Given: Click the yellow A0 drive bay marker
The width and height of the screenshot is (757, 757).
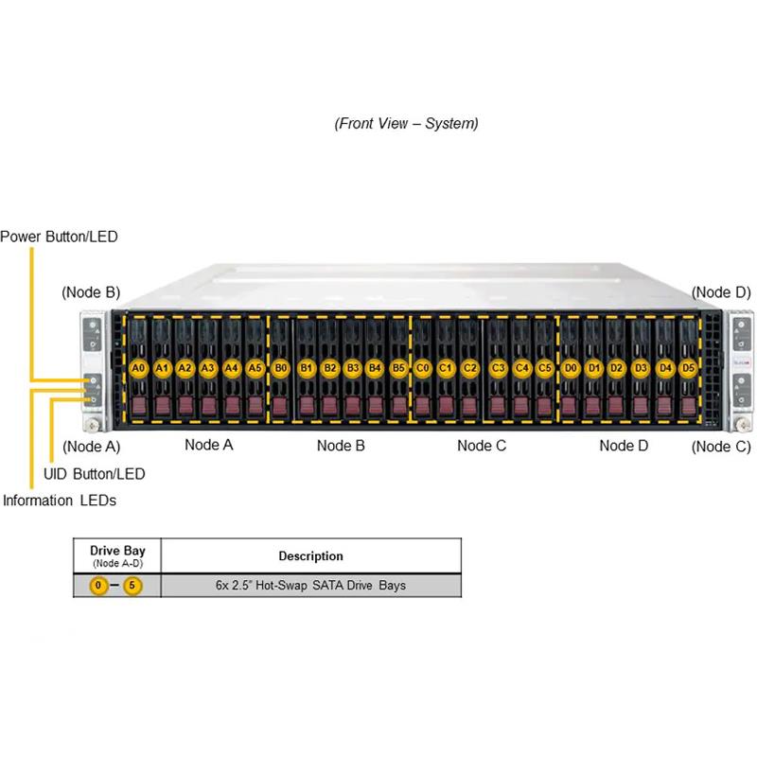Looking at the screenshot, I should pyautogui.click(x=138, y=367).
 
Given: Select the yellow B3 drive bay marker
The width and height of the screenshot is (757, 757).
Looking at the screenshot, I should pyautogui.click(x=353, y=367).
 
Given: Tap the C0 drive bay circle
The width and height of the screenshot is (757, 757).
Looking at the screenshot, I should pyautogui.click(x=423, y=367).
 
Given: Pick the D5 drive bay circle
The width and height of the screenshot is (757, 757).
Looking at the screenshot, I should pyautogui.click(x=688, y=367).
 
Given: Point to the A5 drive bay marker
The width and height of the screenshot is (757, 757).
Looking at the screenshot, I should pyautogui.click(x=255, y=367).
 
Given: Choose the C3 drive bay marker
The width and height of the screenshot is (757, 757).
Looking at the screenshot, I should pyautogui.click(x=499, y=367).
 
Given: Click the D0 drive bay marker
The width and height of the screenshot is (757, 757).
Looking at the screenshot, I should pyautogui.click(x=571, y=367).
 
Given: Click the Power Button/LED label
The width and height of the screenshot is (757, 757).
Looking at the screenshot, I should pyautogui.click(x=59, y=237).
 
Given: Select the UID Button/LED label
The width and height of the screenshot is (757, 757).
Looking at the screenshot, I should pyautogui.click(x=95, y=473).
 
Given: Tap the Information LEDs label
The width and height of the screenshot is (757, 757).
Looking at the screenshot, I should pyautogui.click(x=59, y=500).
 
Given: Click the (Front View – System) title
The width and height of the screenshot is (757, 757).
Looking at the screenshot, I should pyautogui.click(x=406, y=123).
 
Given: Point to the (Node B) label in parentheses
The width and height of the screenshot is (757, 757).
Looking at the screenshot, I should pyautogui.click(x=91, y=292).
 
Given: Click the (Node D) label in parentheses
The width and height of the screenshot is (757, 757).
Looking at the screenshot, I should pyautogui.click(x=721, y=292).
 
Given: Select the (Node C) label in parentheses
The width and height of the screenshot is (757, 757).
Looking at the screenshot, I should pyautogui.click(x=721, y=447).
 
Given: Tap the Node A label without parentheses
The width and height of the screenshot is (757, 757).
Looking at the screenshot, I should pyautogui.click(x=208, y=445).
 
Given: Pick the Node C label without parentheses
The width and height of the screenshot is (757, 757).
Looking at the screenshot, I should pyautogui.click(x=482, y=445).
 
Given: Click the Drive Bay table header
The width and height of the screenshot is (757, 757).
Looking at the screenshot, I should pyautogui.click(x=117, y=555).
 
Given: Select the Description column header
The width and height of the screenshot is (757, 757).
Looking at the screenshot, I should pyautogui.click(x=310, y=555).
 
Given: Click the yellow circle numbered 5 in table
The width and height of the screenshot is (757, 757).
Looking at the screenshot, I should pyautogui.click(x=132, y=586).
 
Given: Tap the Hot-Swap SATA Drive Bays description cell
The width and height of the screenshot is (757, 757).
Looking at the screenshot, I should pyautogui.click(x=310, y=586).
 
